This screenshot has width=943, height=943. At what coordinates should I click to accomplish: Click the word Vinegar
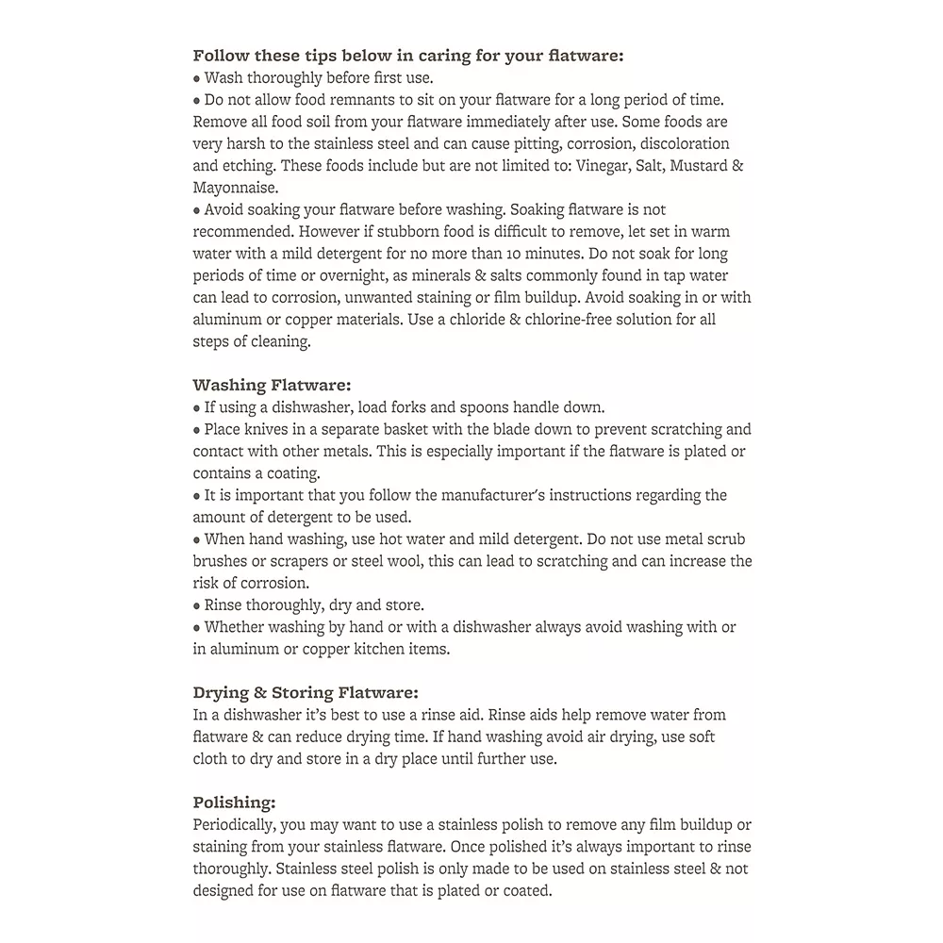pyautogui.click(x=593, y=166)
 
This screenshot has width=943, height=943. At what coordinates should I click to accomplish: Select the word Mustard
pyautogui.click(x=696, y=166)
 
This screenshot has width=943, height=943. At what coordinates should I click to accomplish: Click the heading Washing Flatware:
pyautogui.click(x=272, y=385)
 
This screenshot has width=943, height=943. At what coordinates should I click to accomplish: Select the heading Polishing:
pyautogui.click(x=234, y=802)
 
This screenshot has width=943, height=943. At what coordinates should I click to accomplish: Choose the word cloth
pyautogui.click(x=213, y=759)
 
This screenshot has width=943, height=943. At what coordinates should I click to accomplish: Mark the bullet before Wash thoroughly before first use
pyautogui.click(x=197, y=78)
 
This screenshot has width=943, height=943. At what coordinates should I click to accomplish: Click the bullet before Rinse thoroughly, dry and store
pyautogui.click(x=197, y=605)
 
